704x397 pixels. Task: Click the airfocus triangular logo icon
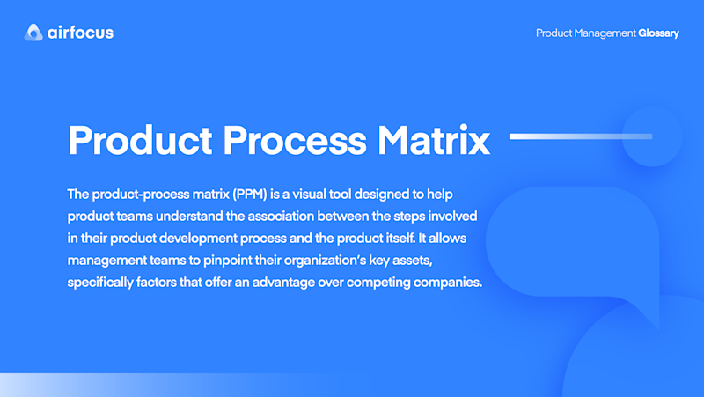tap(33, 33)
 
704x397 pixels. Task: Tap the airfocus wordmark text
tap(80, 33)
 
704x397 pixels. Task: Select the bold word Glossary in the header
tap(658, 33)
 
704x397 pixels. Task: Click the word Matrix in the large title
tap(434, 140)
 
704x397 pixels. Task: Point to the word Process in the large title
tap(295, 140)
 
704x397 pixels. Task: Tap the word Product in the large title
tap(140, 140)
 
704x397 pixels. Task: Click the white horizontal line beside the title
tap(581, 136)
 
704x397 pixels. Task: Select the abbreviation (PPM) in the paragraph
tap(250, 195)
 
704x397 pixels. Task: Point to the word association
tap(281, 217)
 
